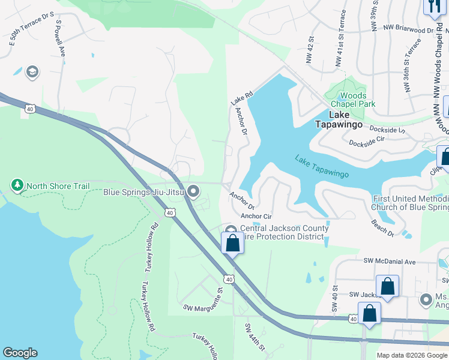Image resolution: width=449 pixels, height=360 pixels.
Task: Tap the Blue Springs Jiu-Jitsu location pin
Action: pyautogui.click(x=193, y=192)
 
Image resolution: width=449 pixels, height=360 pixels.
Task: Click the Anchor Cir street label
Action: pyautogui.click(x=256, y=216)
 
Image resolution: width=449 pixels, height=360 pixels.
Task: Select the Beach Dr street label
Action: pyautogui.click(x=382, y=227)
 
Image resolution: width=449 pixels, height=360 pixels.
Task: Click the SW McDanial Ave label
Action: pyautogui.click(x=390, y=262)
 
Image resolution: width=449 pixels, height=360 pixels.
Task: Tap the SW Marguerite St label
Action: pyautogui.click(x=203, y=299)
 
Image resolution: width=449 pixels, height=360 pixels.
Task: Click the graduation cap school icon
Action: pyautogui.click(x=32, y=73)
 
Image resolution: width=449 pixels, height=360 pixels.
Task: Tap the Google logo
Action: pyautogui.click(x=20, y=353)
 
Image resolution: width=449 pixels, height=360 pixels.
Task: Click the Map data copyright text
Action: pyautogui.click(x=411, y=355)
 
